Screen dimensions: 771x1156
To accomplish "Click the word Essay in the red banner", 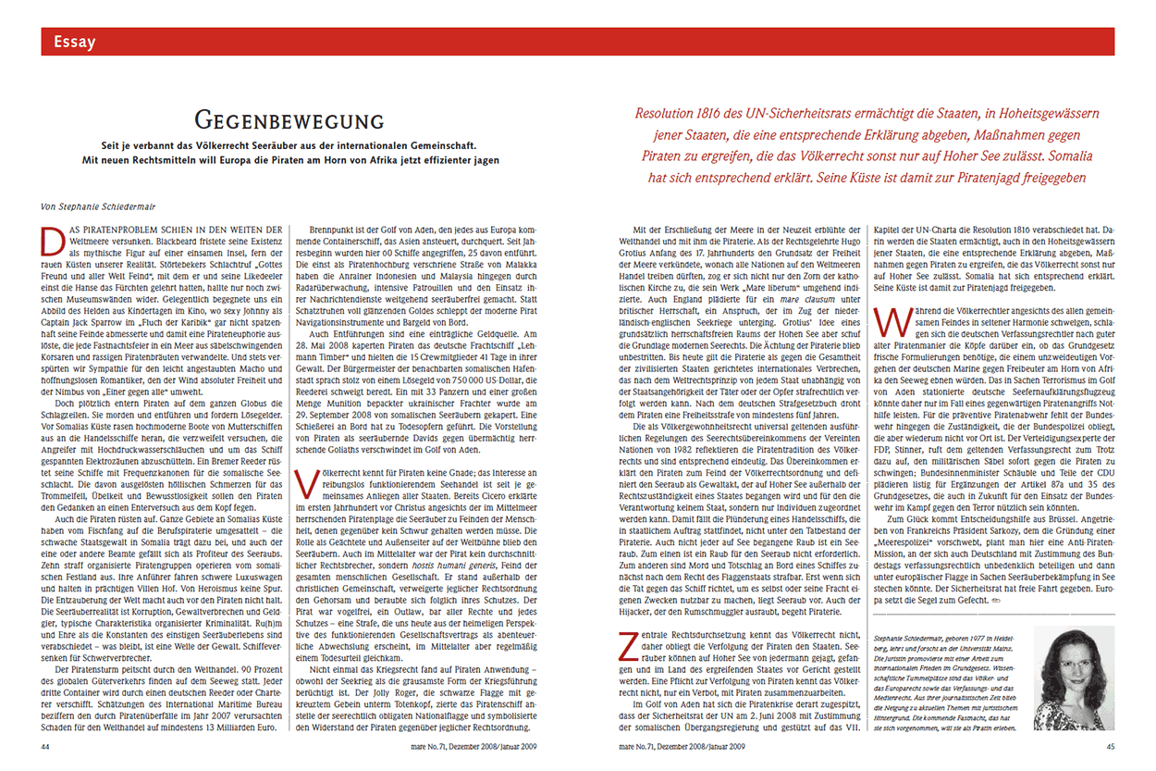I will click(75, 42).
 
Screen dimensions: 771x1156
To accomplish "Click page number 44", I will click(46, 745).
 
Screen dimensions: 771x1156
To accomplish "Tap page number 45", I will click(1110, 745).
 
